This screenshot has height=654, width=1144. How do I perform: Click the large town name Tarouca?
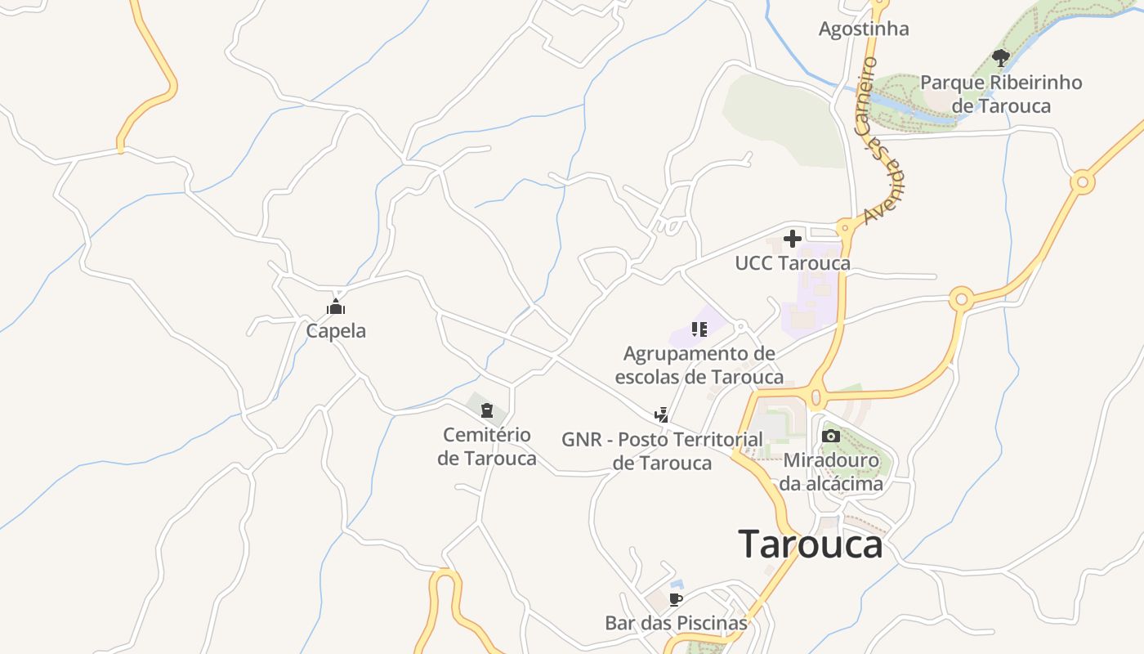pyautogui.click(x=810, y=544)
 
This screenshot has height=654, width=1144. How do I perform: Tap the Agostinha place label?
pyautogui.click(x=864, y=29)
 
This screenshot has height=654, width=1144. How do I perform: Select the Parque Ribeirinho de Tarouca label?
pyautogui.click(x=1001, y=94)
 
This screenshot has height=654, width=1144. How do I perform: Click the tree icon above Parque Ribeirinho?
pyautogui.click(x=1000, y=57)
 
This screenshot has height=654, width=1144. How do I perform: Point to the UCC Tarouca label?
pyautogui.click(x=792, y=263)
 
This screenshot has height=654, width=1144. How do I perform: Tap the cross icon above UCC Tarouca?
pyautogui.click(x=792, y=239)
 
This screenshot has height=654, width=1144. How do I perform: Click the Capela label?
pyautogui.click(x=336, y=331)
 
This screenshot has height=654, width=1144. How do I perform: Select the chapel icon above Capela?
pyautogui.click(x=336, y=307)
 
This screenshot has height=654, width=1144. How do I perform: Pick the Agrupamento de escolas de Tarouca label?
pyautogui.click(x=699, y=365)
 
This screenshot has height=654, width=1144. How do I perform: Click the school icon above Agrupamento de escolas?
pyautogui.click(x=699, y=329)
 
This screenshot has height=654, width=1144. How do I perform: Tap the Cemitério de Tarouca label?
pyautogui.click(x=487, y=446)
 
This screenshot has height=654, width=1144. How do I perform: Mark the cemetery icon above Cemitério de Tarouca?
pyautogui.click(x=487, y=410)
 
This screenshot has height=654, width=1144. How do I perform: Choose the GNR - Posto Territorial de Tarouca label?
pyautogui.click(x=662, y=451)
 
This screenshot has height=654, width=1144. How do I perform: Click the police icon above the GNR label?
pyautogui.click(x=662, y=415)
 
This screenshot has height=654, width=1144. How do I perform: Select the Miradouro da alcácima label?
pyautogui.click(x=831, y=472)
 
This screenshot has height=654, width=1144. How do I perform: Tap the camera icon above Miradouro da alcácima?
pyautogui.click(x=831, y=436)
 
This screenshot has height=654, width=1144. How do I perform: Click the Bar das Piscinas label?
pyautogui.click(x=676, y=623)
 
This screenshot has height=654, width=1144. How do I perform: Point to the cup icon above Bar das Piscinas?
pyautogui.click(x=676, y=599)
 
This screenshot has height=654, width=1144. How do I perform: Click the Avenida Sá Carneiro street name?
pyautogui.click(x=883, y=143)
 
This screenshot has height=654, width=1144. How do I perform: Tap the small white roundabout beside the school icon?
pyautogui.click(x=740, y=327)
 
